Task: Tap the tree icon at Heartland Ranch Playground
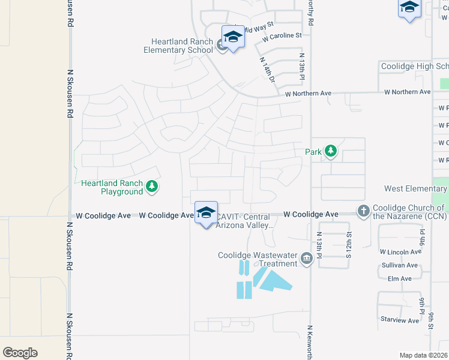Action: [x=152, y=187]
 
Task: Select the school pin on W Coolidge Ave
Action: [x=206, y=213]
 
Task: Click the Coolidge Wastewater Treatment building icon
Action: [x=307, y=259]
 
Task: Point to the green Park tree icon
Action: [x=330, y=152]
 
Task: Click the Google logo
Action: [x=20, y=352]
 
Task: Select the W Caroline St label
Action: [x=282, y=37]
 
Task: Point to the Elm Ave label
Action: [x=399, y=278]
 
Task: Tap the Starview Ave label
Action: [x=400, y=320]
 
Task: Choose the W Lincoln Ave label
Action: [x=400, y=252]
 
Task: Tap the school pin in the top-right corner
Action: [x=409, y=8]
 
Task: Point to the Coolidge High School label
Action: [x=414, y=66]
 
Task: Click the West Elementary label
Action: [x=416, y=188]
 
